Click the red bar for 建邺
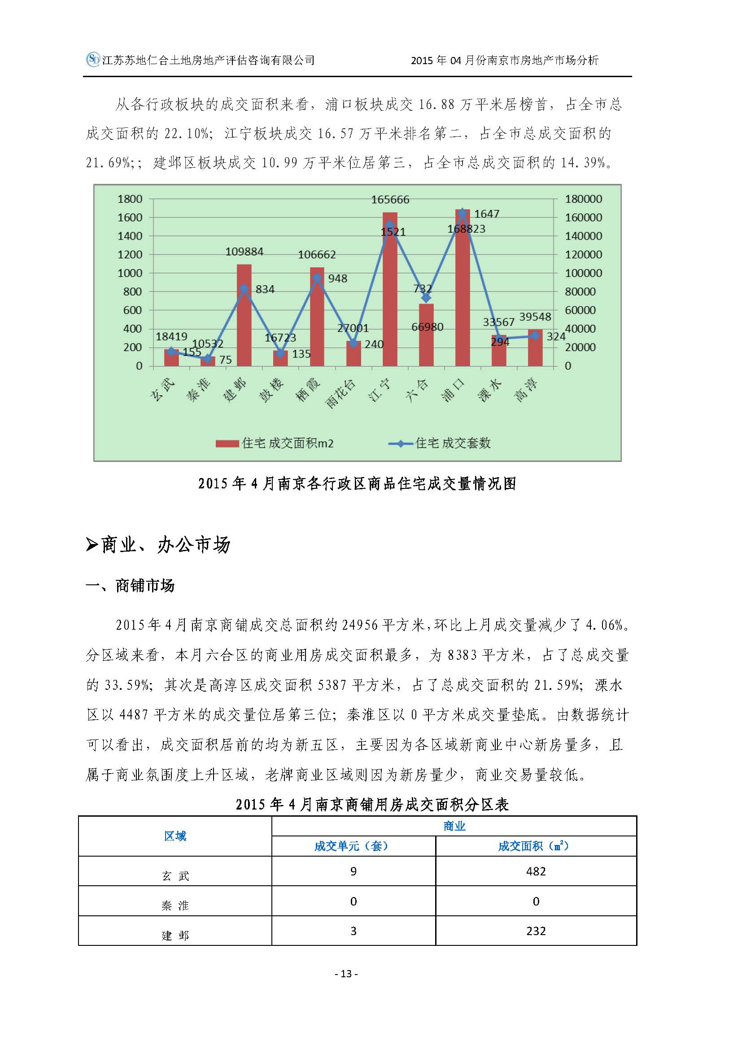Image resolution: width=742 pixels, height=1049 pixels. [244, 315]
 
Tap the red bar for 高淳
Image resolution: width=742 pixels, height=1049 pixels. [535, 348]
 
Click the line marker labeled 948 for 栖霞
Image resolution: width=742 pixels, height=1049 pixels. [317, 278]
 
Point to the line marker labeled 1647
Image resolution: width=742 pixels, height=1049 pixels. [463, 213]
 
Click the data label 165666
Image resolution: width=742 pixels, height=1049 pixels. [390, 200]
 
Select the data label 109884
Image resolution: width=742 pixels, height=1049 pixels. [244, 251]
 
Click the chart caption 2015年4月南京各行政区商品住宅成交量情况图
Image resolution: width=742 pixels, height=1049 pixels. [357, 484]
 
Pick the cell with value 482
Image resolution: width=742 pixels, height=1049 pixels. [536, 871]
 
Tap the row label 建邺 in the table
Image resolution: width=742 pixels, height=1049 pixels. [175, 931]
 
